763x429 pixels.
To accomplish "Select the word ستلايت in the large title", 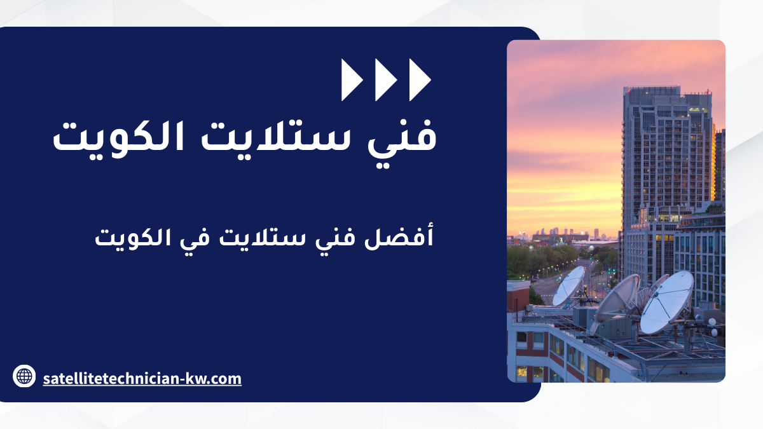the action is point(275,136).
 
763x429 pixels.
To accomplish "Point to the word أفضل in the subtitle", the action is point(399,236).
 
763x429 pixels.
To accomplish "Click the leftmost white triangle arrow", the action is point(352,80).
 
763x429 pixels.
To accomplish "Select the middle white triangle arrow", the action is point(386,80).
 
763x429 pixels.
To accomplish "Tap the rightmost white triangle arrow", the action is point(420,80).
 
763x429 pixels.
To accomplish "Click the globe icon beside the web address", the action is point(24,376).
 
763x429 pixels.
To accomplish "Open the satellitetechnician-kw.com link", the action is point(142,379).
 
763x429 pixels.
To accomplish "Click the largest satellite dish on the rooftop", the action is point(666,303).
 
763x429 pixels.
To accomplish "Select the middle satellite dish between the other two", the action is point(617,298).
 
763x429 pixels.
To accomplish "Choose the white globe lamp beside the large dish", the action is point(712,322).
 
